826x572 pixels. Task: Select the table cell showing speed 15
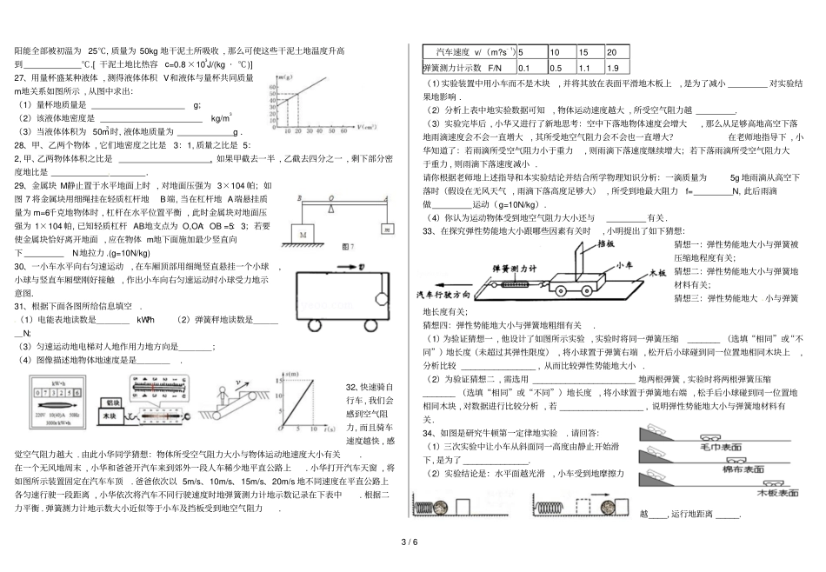point(589,53)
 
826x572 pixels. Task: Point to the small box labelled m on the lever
point(384,229)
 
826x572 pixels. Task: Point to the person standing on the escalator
point(222,392)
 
